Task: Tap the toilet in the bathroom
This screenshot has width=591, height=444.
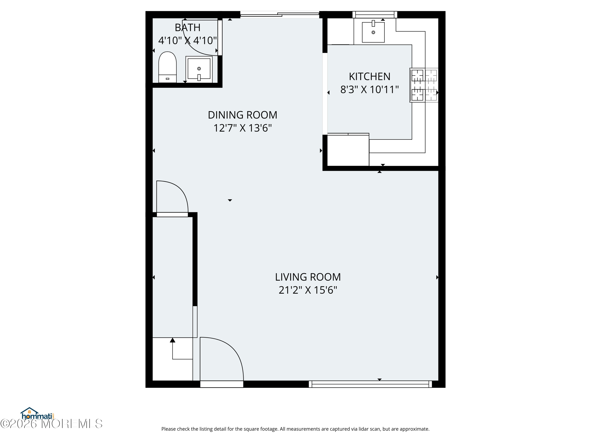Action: [167, 67]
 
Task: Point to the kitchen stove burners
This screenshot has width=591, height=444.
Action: [424, 85]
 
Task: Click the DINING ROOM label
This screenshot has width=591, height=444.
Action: [242, 115]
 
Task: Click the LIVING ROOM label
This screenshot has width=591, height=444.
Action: [308, 277]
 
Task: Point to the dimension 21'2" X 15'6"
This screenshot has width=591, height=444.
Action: [308, 290]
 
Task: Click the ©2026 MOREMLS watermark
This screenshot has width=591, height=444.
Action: [51, 424]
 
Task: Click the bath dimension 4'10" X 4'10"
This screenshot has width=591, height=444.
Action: [187, 41]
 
